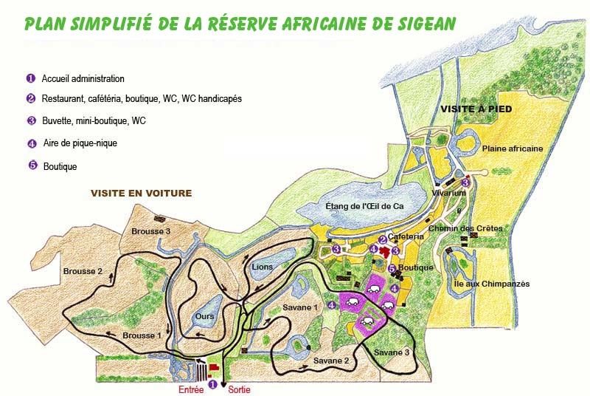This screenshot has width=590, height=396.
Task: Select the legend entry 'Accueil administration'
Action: (83, 78)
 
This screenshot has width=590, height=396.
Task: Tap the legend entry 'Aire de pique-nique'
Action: (79, 143)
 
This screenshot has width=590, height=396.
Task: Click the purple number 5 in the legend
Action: (32, 165)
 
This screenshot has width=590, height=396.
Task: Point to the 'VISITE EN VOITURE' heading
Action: (141, 194)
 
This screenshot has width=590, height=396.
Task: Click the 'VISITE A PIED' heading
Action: (476, 109)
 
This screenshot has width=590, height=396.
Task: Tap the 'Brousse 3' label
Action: (150, 232)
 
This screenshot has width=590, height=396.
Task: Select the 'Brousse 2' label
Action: (83, 271)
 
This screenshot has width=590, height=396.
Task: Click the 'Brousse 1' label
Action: (142, 335)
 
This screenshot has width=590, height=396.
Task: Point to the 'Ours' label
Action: (204, 315)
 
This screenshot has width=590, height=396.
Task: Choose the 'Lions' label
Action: (262, 267)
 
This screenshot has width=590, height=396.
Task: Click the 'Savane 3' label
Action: (391, 352)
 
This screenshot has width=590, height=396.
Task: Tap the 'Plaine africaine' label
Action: (512, 148)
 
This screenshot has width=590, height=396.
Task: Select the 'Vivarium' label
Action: (449, 193)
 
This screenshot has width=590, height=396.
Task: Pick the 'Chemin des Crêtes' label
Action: (475, 228)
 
